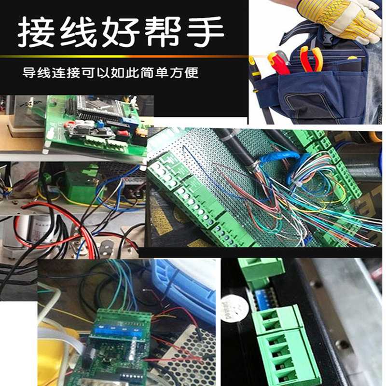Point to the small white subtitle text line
coord(110,74)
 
